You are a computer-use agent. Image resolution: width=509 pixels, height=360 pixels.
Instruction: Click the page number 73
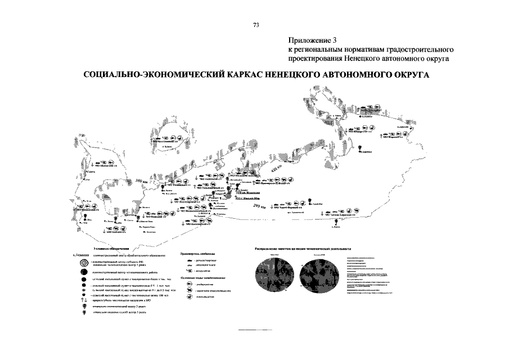pos(256,25)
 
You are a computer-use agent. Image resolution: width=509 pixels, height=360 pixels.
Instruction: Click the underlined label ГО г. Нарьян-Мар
pos(245,199)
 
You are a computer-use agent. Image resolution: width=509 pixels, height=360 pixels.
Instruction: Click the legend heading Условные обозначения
pos(110,248)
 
